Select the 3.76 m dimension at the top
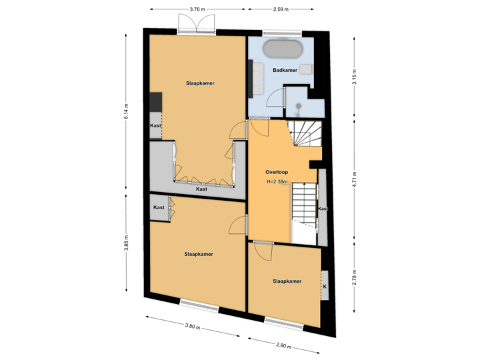tap(197, 9)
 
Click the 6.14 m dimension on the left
tap(126, 111)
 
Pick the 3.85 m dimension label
tap(126, 243)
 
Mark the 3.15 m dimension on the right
tap(355, 77)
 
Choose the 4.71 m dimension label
tap(355, 180)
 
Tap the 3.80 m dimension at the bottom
tap(191, 327)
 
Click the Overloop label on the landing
tap(276, 172)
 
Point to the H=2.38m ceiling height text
tap(277, 182)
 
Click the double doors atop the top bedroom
tap(195, 23)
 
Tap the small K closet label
tap(325, 287)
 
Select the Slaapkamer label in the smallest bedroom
tap(287, 281)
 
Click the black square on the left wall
tap(155, 102)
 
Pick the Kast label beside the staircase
tap(323, 209)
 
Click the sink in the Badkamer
tap(306, 69)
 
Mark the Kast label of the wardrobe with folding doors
tap(201, 189)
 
